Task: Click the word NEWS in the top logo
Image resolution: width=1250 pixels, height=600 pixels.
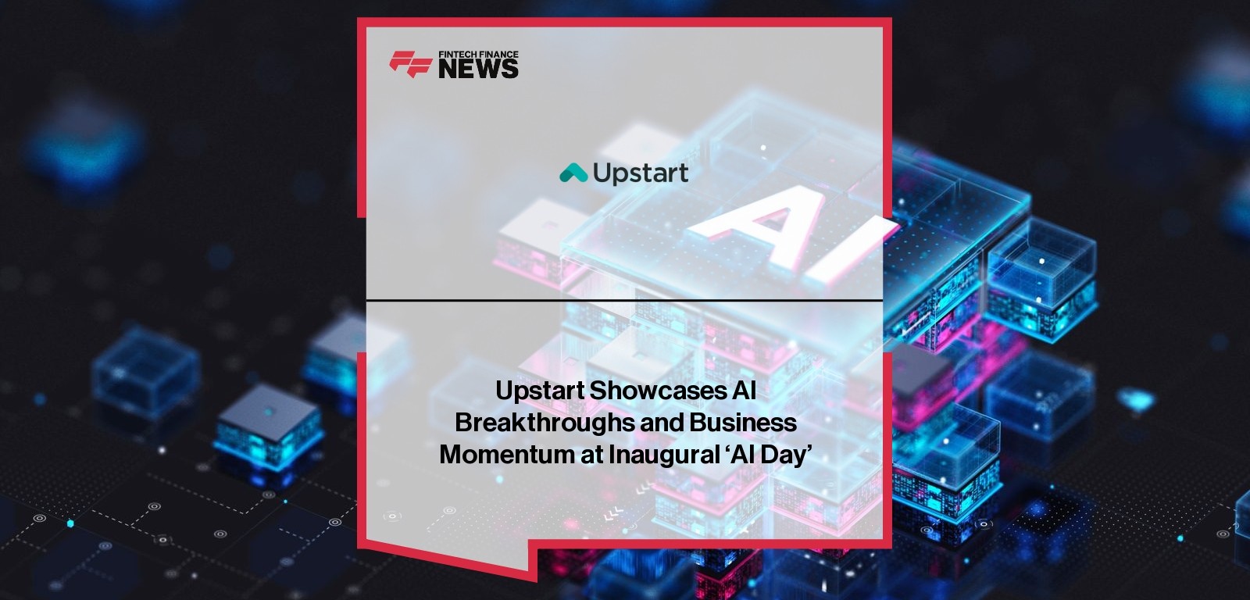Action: [x=478, y=69]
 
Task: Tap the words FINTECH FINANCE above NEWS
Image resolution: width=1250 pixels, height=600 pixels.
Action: [x=478, y=54]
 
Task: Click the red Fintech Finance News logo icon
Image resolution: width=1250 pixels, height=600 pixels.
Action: [x=410, y=64]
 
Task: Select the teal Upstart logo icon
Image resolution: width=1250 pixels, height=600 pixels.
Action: [x=573, y=173]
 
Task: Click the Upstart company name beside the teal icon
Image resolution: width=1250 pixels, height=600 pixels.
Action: [x=641, y=173]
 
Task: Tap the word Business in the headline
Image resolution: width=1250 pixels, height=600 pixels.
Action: [x=743, y=423]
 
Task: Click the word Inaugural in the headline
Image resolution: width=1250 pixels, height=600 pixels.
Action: [x=664, y=455]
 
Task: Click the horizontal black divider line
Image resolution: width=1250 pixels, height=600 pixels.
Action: [x=624, y=300]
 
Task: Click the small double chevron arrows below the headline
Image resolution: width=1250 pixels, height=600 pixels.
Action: [x=614, y=513]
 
